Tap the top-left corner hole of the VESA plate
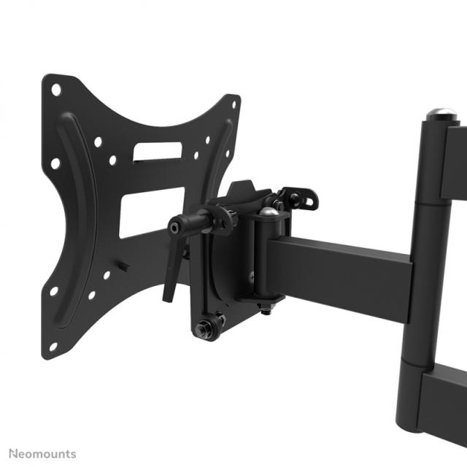(56, 90)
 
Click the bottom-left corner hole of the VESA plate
(53, 348)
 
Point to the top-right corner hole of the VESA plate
(233, 104)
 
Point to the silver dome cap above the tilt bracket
(269, 212)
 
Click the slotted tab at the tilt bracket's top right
(301, 197)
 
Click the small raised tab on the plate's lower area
(124, 266)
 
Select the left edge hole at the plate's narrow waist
(55, 163)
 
